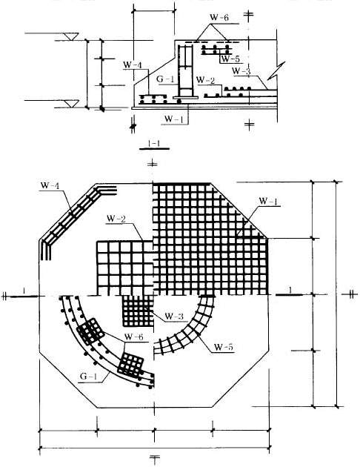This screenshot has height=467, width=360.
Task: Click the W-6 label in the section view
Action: pos(219,17)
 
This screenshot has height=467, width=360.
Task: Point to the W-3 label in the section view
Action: pos(241,71)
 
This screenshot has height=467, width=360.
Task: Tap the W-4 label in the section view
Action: pos(133,64)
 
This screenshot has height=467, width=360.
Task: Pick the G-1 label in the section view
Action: pos(165,79)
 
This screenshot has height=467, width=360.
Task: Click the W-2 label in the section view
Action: pos(206,80)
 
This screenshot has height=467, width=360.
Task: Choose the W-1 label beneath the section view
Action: pos(174,119)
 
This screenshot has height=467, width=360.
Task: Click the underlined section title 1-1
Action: pos(154,144)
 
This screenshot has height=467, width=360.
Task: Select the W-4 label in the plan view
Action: pos(50,185)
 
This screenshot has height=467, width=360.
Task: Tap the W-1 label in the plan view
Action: pos(268,202)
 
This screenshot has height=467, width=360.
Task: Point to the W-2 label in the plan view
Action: pos(116,219)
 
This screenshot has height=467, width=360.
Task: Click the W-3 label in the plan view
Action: pos(174,316)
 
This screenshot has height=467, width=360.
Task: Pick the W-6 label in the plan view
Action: pos(133,337)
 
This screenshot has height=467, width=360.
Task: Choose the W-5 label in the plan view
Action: pos(224,347)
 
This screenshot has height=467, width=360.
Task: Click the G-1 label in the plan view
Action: pos(88,376)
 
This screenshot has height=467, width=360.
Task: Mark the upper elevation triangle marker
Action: pos(71,36)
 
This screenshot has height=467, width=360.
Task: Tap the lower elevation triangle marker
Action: pos(72,104)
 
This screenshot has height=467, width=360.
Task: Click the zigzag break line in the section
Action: pos(276,71)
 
